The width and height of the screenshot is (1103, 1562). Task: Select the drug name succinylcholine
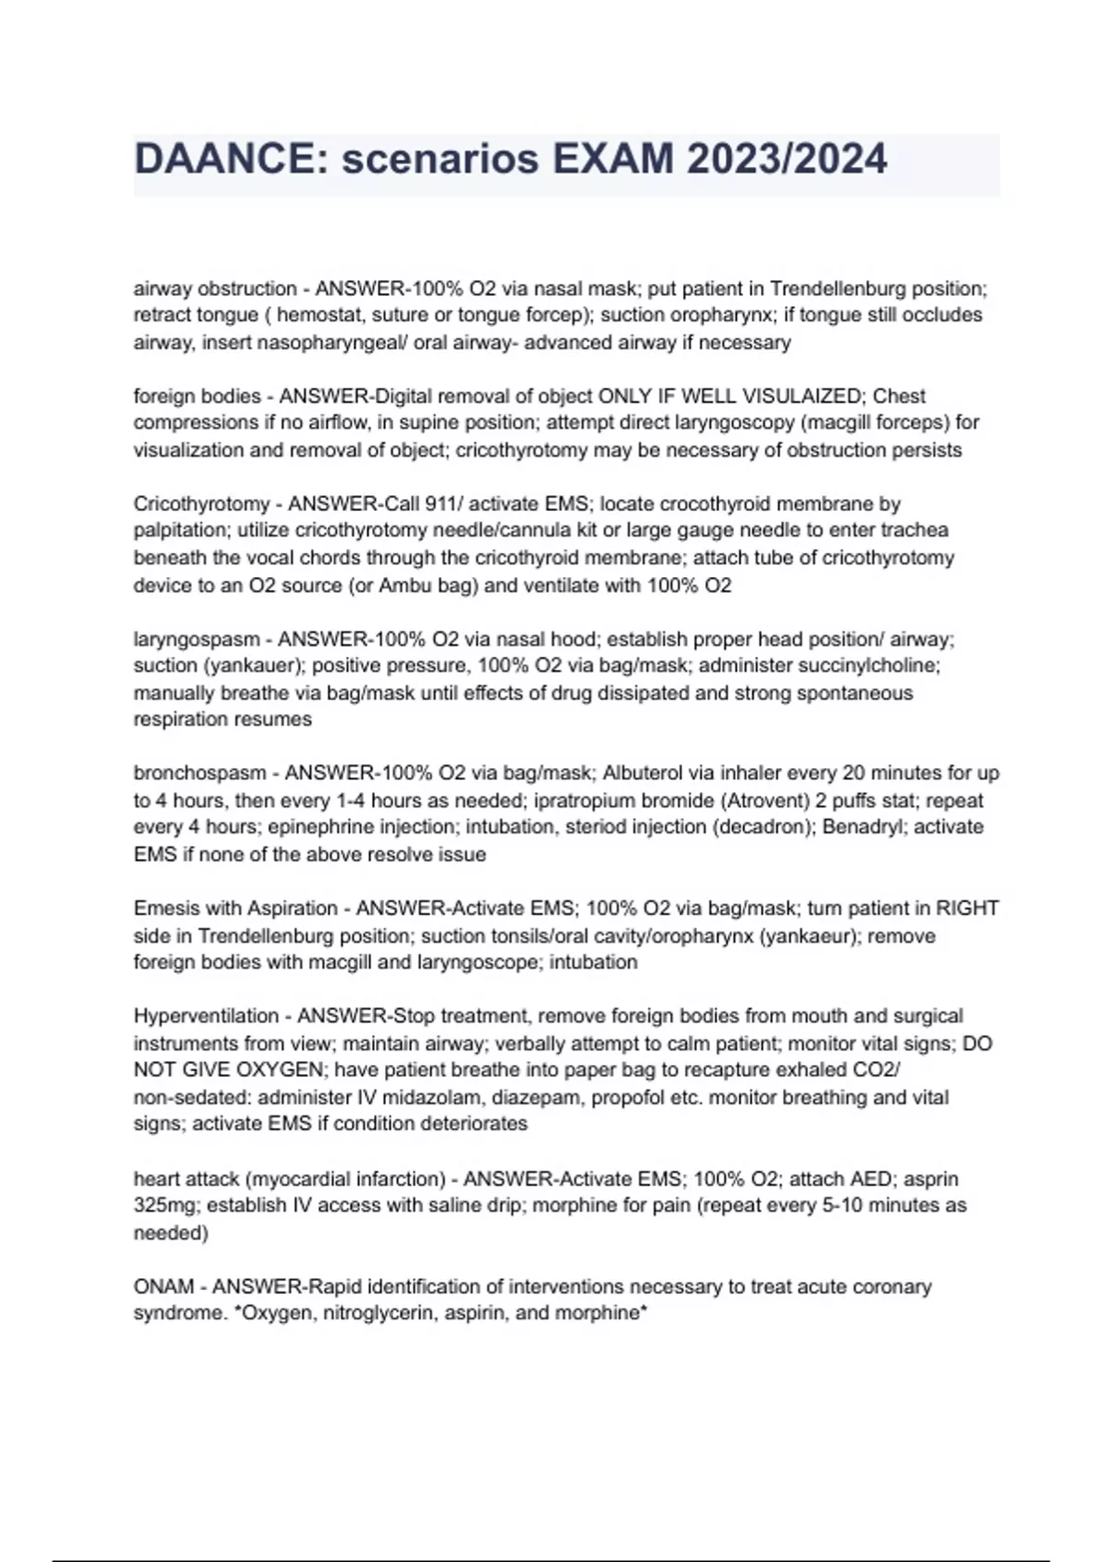tap(863, 665)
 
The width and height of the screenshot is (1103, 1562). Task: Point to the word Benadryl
tap(862, 827)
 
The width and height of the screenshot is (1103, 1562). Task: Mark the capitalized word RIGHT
tap(967, 908)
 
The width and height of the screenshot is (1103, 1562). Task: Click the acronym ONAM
tap(164, 1286)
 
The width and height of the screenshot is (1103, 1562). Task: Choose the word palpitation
tap(179, 530)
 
